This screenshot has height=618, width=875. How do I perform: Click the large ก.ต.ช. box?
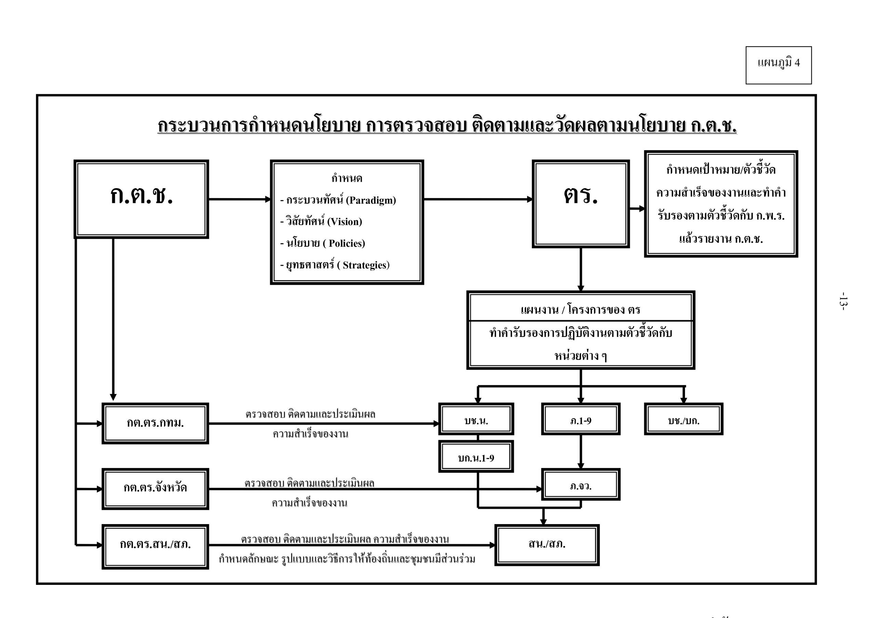141,199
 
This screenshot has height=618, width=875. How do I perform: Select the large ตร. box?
580,204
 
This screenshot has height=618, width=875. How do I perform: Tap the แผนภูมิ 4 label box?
778,65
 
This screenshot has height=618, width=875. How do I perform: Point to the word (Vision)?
345,221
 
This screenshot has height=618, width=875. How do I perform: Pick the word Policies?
347,243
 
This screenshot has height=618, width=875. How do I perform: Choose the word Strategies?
365,265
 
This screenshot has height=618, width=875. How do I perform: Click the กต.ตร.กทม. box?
155,423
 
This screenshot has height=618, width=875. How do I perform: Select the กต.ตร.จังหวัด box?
155,489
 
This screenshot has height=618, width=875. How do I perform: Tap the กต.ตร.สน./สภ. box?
155,546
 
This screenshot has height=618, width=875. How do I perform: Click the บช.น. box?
476,419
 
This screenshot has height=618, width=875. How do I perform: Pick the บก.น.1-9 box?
476,456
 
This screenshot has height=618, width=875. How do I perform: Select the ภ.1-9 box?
580,419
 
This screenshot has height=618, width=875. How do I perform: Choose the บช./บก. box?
683,419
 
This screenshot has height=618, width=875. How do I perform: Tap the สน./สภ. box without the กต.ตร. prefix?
547,545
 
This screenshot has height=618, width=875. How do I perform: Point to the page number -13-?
843,301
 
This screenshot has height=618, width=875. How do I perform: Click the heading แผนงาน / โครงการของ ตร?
580,310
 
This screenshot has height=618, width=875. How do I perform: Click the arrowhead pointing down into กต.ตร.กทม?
113,397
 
